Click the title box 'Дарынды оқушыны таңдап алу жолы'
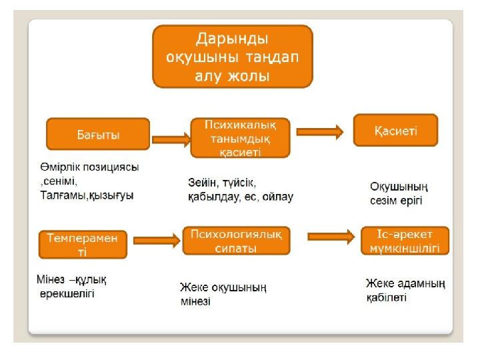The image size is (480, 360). pyautogui.click(x=233, y=56)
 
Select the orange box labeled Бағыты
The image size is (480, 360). pyautogui.click(x=97, y=134)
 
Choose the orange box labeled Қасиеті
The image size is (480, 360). pyautogui.click(x=395, y=131)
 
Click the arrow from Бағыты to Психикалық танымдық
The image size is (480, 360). pyautogui.click(x=171, y=140)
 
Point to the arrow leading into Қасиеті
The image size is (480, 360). pyautogui.click(x=320, y=132)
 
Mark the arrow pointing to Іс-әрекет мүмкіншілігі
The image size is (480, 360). pyautogui.click(x=331, y=235)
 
